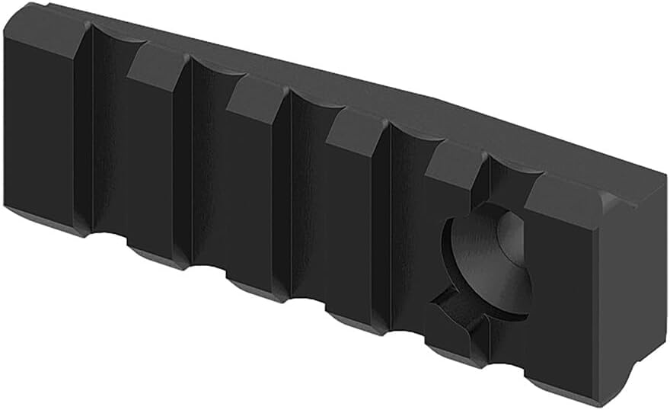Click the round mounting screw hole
pos(487,263)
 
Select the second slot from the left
pos(209,171)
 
